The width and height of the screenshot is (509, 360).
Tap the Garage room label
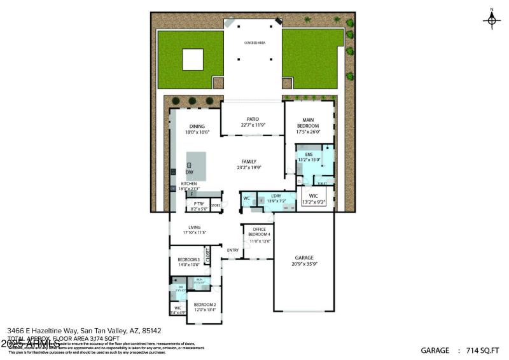click(303, 258)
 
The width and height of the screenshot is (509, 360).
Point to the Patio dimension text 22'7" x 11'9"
click(253, 125)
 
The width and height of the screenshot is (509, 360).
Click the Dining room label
click(197, 126)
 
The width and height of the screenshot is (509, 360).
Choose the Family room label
click(249, 162)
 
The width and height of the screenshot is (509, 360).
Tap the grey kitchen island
click(197, 167)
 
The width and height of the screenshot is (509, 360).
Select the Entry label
click(233, 250)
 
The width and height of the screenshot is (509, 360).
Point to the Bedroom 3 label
click(189, 260)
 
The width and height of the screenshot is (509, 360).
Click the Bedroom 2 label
click(205, 305)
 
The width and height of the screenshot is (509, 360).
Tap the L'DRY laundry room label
click(276, 195)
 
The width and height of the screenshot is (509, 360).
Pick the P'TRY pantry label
click(199, 204)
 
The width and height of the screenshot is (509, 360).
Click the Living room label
click(194, 227)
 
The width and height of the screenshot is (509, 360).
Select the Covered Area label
click(254, 43)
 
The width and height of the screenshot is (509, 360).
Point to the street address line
click(84, 331)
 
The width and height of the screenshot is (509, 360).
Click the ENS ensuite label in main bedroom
click(309, 155)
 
